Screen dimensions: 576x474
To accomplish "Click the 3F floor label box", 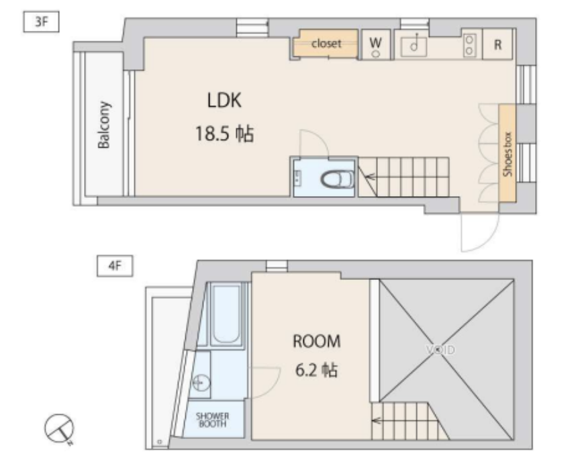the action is [x=41, y=21].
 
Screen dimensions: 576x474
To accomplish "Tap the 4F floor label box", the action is [x=115, y=266].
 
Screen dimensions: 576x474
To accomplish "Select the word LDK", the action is [x=224, y=100].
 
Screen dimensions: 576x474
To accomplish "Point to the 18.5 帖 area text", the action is [x=224, y=134].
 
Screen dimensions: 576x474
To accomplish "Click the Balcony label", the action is [x=103, y=125].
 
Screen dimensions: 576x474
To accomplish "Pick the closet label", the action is [x=326, y=44].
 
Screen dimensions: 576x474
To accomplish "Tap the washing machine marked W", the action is [x=375, y=44].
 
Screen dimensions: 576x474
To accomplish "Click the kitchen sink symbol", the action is [x=414, y=46].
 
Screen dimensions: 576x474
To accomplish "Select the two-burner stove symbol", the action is [x=469, y=45].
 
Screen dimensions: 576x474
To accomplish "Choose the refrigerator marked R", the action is [x=497, y=44].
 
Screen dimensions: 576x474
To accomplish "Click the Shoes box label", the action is [x=508, y=154].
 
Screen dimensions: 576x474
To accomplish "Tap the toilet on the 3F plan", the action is [x=337, y=180].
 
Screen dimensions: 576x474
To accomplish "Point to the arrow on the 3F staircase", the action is [x=371, y=177].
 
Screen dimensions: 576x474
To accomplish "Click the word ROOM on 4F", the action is [x=316, y=341].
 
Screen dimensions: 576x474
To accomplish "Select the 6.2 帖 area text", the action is [x=316, y=370].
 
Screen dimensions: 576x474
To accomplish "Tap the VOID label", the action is [x=440, y=349].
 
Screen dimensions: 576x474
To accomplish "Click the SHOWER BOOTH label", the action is [x=212, y=420].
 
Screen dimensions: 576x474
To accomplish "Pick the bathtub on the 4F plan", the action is [x=226, y=315].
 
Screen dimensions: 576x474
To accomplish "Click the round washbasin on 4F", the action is [x=200, y=383].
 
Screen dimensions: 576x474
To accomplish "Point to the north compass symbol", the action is [x=59, y=428].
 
